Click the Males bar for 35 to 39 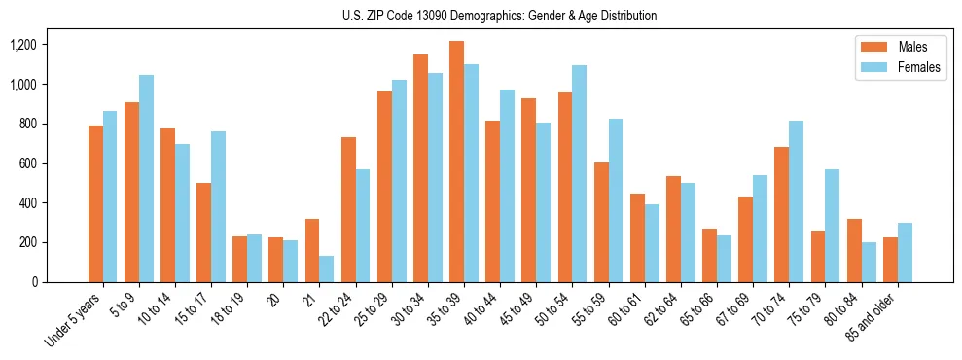point(456,162)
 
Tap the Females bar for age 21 point(326,269)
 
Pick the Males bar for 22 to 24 point(348,209)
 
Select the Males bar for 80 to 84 point(853,250)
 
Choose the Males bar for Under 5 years point(95,203)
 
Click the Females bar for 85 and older point(904,252)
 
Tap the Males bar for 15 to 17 point(203,233)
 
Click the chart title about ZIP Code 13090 point(499,16)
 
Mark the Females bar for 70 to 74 point(796,201)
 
